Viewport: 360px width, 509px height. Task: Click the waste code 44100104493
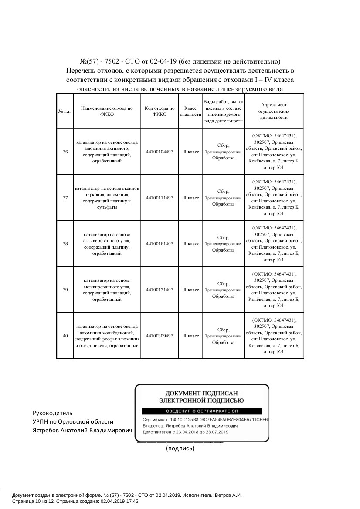pos(160,152)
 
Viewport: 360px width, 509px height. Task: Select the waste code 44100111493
pos(160,198)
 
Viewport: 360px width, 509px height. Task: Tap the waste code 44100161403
pos(160,243)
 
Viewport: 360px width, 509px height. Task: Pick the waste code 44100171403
pos(160,290)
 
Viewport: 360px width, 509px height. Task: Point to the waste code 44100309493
pos(160,336)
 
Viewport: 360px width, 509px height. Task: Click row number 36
pos(65,152)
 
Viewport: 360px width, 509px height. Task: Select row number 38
pos(65,243)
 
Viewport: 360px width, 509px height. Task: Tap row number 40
pos(65,336)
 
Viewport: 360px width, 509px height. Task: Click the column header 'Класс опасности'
pos(190,111)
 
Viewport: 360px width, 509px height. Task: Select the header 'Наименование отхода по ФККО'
pos(106,111)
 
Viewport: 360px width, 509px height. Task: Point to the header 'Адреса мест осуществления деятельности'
pos(274,111)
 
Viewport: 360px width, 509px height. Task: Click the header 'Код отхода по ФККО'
pos(160,111)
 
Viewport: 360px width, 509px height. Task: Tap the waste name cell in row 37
pos(106,198)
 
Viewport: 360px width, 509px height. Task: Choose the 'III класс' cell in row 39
pos(190,290)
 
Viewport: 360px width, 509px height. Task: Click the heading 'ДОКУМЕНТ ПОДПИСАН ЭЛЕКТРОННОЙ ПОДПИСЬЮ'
pos(201,396)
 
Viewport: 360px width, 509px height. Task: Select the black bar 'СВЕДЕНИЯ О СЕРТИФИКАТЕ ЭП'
pos(201,411)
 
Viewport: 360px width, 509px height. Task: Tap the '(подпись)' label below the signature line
pos(180,448)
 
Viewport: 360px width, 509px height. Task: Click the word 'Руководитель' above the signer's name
pos(53,413)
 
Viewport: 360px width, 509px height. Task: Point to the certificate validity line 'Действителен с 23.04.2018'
pos(186,432)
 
